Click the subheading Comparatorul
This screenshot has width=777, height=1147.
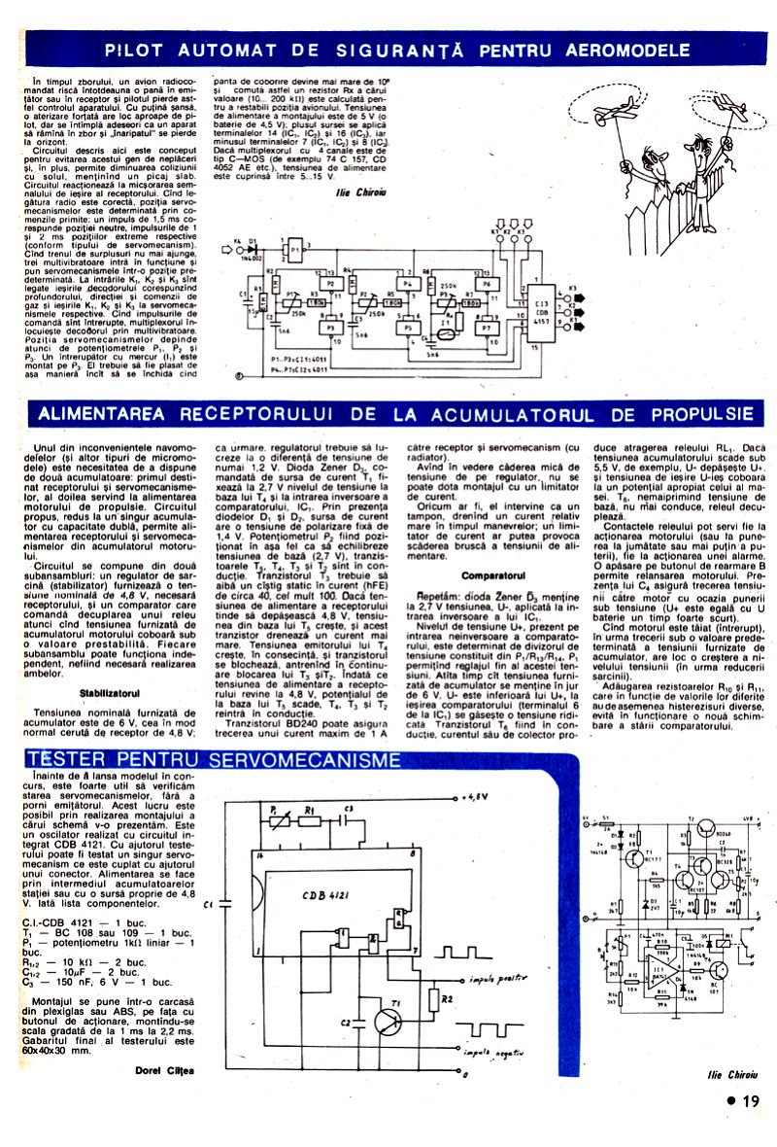coord(493,575)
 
